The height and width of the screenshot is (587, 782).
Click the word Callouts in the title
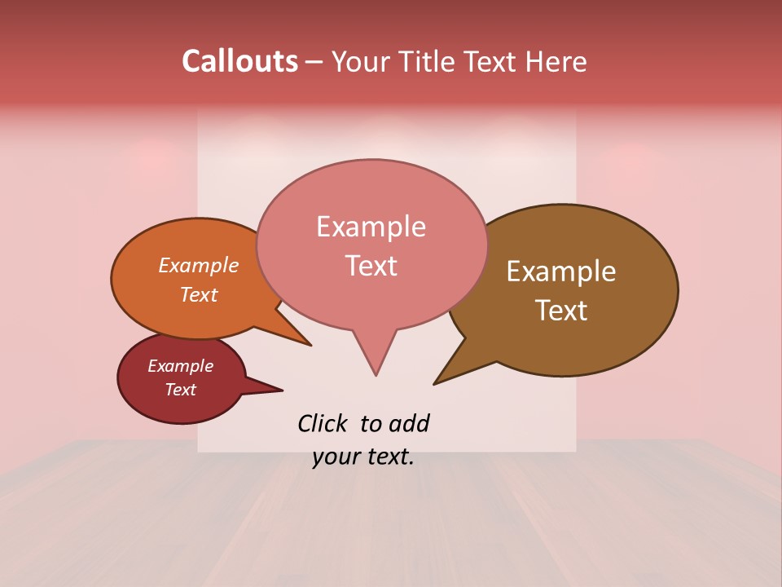click(239, 61)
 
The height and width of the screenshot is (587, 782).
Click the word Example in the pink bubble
click(371, 227)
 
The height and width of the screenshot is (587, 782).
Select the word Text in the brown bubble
click(562, 311)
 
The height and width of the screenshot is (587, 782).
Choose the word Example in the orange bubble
click(199, 266)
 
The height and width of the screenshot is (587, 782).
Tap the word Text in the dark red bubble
click(181, 390)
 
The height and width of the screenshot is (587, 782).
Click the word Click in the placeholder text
click(322, 423)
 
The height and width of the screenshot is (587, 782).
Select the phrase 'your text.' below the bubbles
click(363, 457)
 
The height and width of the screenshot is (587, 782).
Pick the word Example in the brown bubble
click(561, 271)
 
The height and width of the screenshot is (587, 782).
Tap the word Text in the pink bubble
click(371, 266)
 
